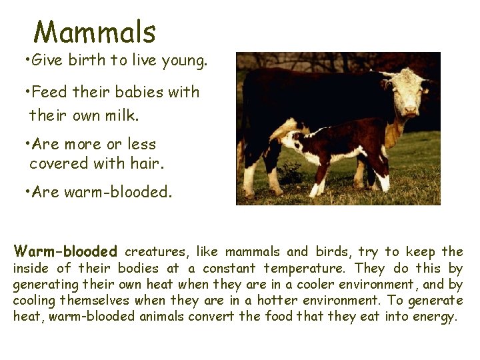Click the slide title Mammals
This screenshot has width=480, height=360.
[95, 32]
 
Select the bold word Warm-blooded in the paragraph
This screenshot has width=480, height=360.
[65, 252]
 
